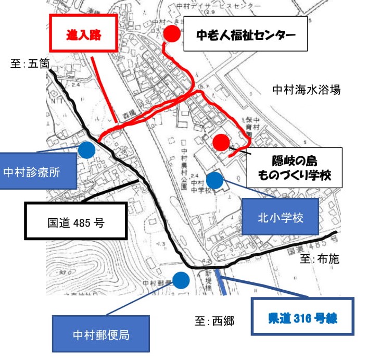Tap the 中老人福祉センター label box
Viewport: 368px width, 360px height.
point(245,35)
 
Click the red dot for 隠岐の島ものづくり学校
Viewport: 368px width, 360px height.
point(221,142)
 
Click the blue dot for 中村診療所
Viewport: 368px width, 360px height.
point(87,150)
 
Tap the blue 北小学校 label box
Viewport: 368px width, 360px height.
point(281,216)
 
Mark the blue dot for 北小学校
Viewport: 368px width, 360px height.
point(214,180)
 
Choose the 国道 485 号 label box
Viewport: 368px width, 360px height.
point(76,221)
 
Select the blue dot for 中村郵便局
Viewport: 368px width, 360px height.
point(181,280)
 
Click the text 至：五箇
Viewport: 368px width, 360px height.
point(30,64)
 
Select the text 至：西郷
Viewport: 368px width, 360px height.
point(214,321)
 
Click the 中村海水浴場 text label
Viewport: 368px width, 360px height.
point(306,90)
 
